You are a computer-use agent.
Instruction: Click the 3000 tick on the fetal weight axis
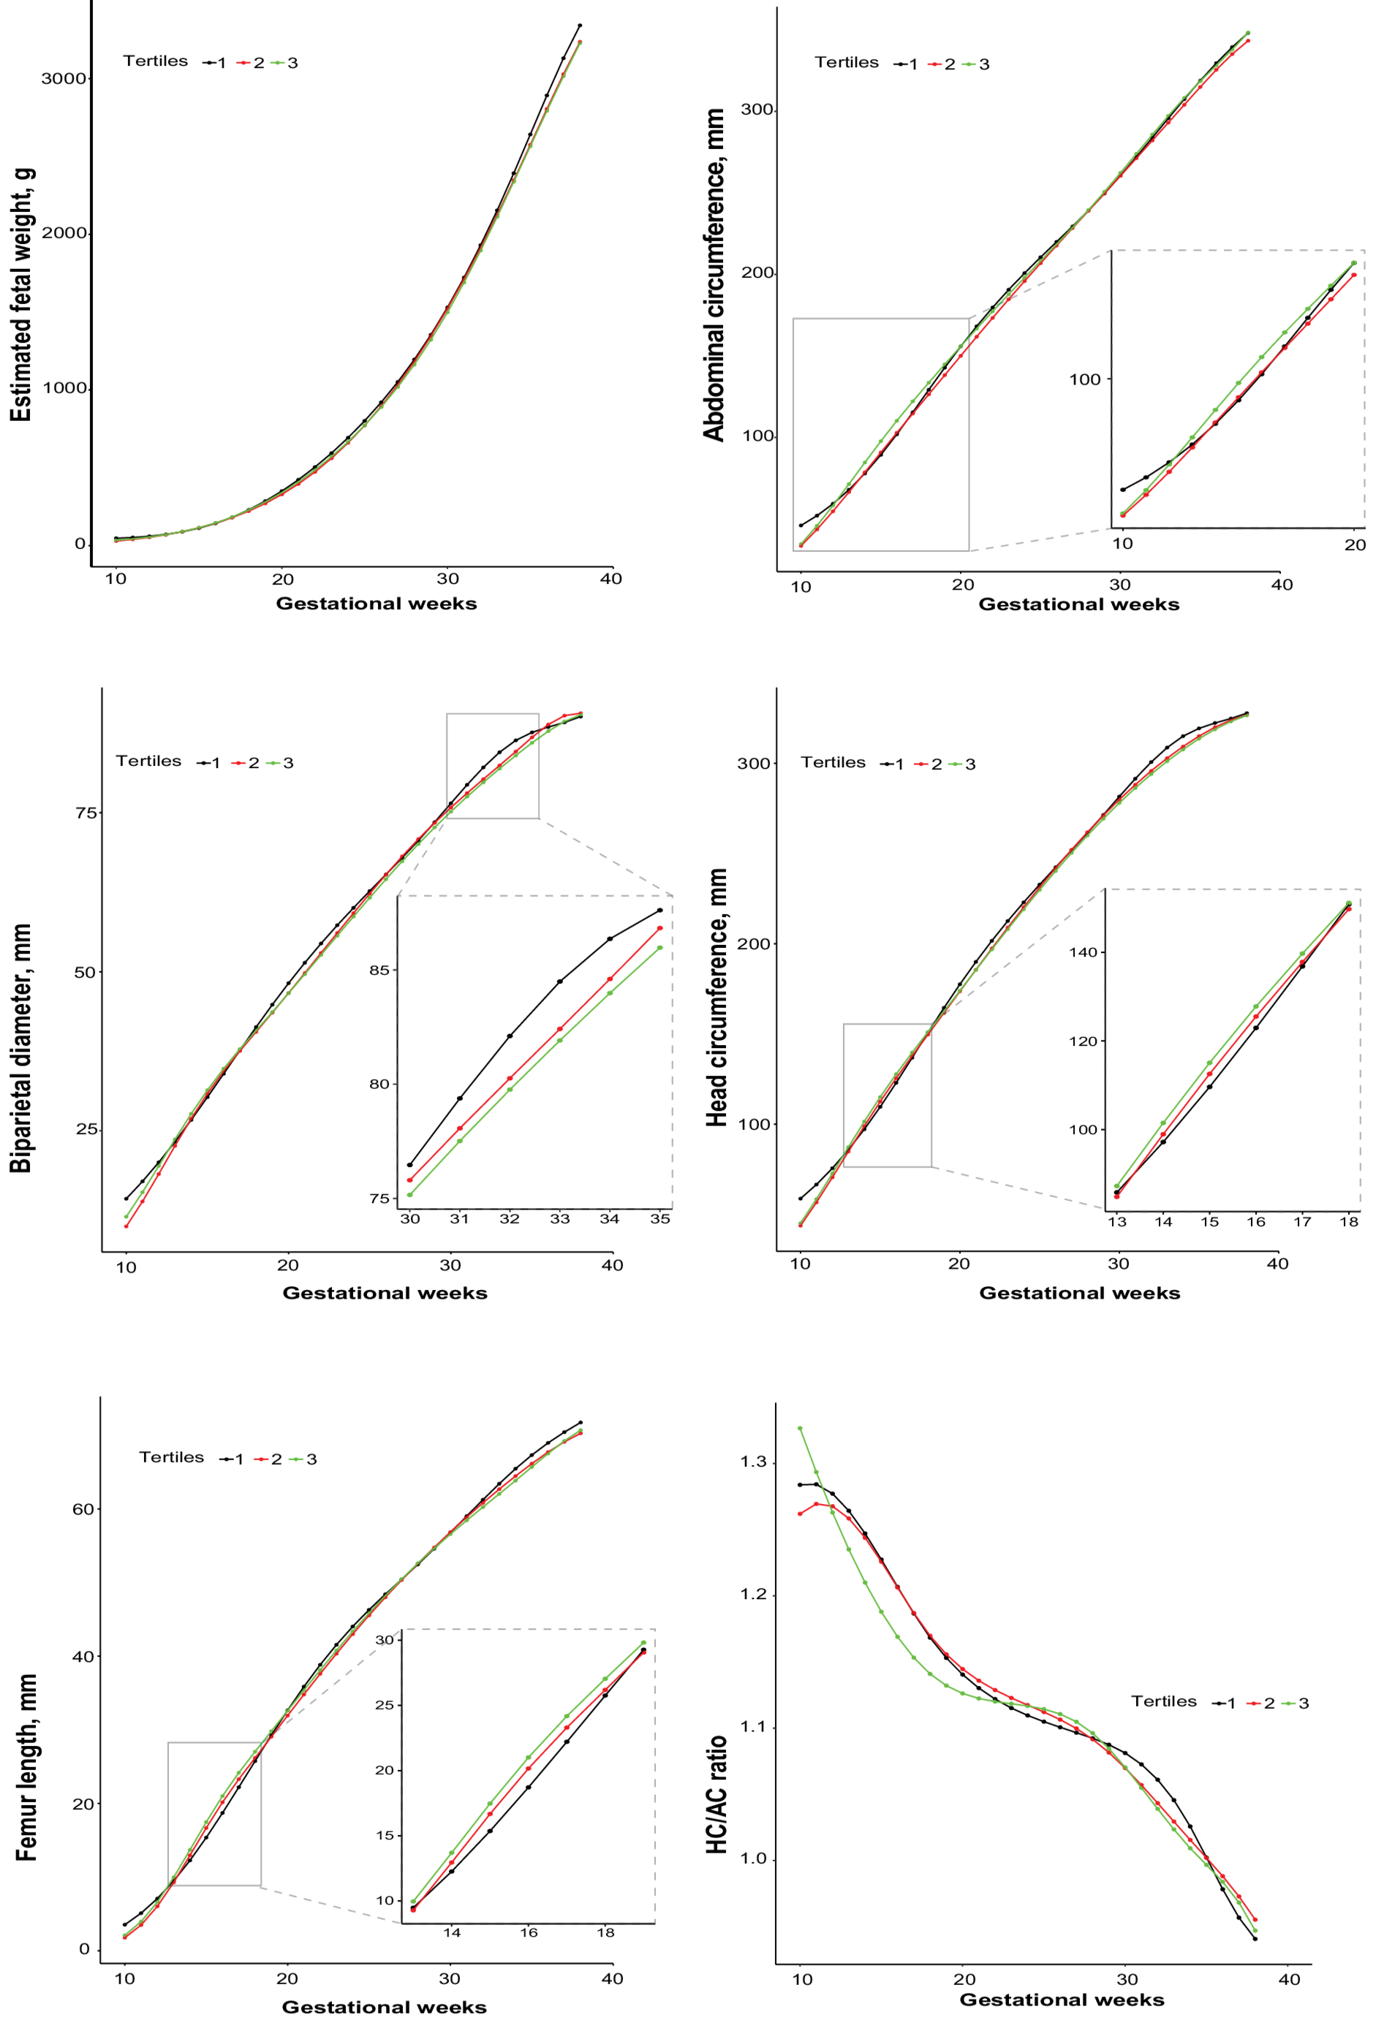(x=63, y=79)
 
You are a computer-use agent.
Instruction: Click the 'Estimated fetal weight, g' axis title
(x=21, y=295)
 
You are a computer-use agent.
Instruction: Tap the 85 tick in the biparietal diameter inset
(x=379, y=970)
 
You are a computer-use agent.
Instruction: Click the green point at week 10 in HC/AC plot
(x=800, y=1429)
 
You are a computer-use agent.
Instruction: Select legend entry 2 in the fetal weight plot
(x=259, y=63)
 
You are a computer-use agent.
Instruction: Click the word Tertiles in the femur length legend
(x=171, y=1457)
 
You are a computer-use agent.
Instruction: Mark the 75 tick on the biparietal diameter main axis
(x=86, y=813)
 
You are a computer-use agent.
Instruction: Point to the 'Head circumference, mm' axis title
(x=717, y=997)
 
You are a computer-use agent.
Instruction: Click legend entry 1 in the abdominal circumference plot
(x=912, y=64)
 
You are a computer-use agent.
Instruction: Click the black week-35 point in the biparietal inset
(x=660, y=911)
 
